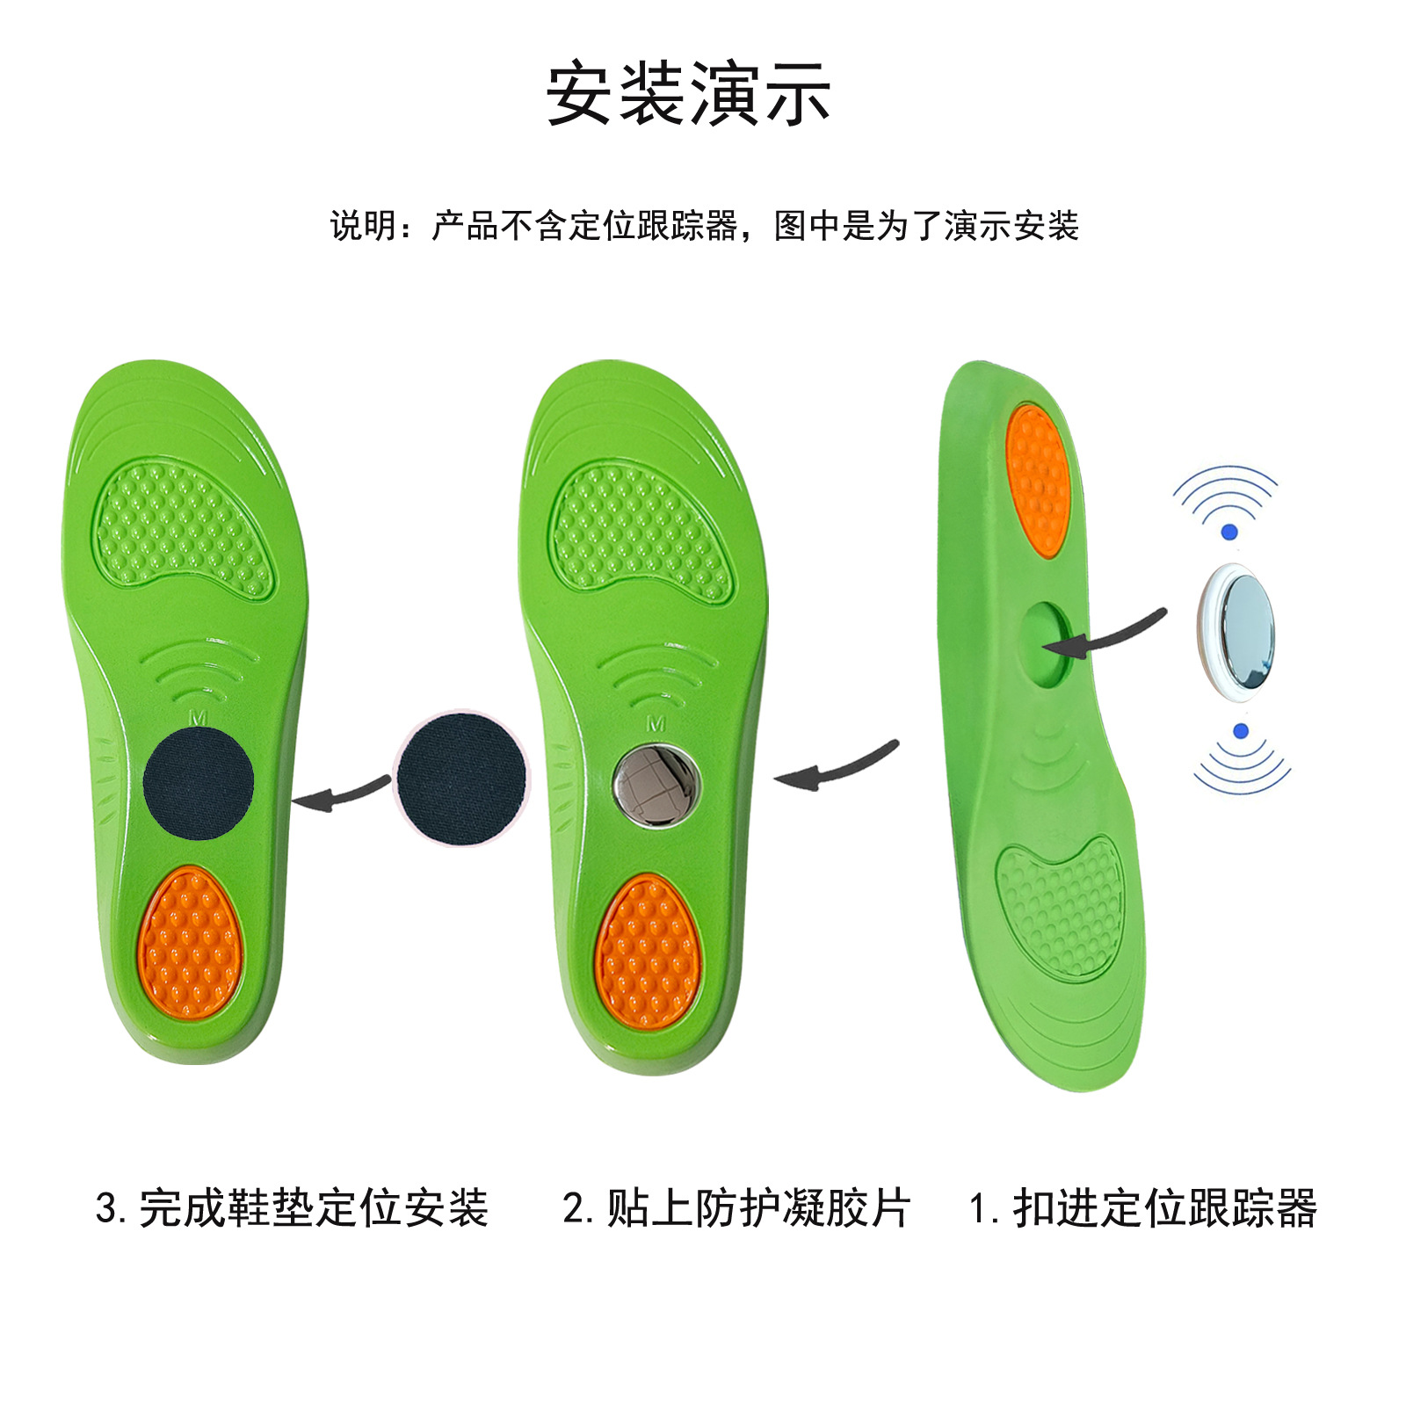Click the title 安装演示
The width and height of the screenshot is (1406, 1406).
tap(688, 93)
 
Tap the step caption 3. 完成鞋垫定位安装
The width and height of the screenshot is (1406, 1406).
tap(292, 1208)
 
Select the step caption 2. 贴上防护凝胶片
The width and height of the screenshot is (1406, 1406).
tap(736, 1208)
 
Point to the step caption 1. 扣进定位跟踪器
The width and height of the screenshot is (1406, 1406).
tap(1142, 1208)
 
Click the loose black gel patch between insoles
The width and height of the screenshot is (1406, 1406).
tap(460, 779)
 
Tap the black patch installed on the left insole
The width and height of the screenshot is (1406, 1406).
tap(199, 782)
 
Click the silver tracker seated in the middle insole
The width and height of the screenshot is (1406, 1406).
tap(656, 784)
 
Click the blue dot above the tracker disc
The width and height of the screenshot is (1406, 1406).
tap(1229, 532)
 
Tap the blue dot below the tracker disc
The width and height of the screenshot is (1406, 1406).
tap(1241, 731)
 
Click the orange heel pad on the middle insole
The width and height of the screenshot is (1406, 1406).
tap(648, 951)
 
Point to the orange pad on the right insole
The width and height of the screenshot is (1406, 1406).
tap(1037, 479)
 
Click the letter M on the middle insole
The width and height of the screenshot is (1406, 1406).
tap(656, 724)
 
